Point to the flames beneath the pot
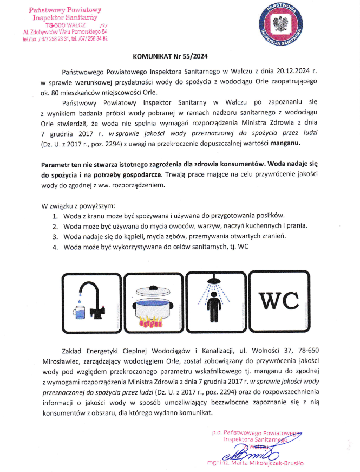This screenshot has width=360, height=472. coord(154,324)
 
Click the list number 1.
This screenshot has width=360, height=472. coord(55,216)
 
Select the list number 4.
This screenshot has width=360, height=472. coord(55,247)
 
